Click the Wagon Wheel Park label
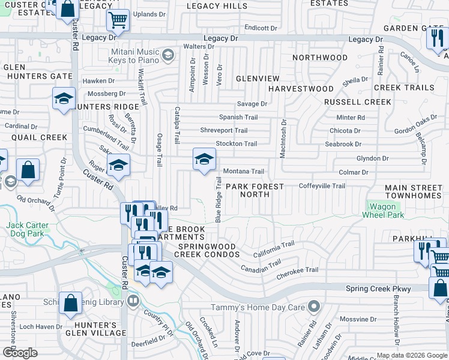click(x=382, y=211)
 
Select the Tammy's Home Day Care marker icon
click(x=313, y=307)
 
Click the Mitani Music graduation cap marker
click(x=169, y=56)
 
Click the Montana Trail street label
click(x=243, y=172)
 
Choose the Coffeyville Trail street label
click(x=322, y=186)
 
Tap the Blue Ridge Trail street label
click(x=219, y=200)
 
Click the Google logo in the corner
click(x=20, y=353)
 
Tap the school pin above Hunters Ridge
click(x=64, y=99)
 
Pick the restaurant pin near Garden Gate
click(x=436, y=38)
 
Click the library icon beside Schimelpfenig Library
click(x=133, y=300)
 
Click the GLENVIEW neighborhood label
click(x=258, y=79)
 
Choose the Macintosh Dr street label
click(x=283, y=138)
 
